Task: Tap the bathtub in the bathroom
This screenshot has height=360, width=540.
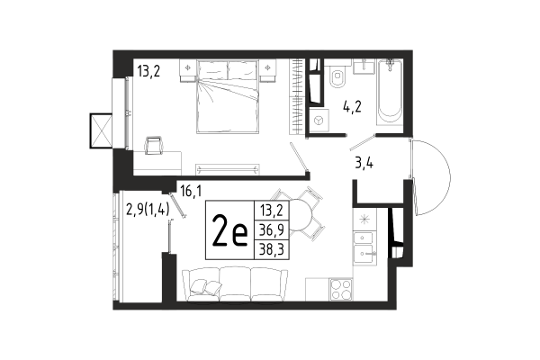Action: pyautogui.click(x=390, y=93)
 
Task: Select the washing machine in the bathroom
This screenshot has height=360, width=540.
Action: pyautogui.click(x=319, y=121)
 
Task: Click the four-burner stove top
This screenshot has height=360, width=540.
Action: pyautogui.click(x=341, y=289)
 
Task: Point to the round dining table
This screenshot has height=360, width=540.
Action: pyautogui.click(x=299, y=215)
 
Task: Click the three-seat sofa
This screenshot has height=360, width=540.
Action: pyautogui.click(x=234, y=285)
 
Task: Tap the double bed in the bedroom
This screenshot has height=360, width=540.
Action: pyautogui.click(x=228, y=96)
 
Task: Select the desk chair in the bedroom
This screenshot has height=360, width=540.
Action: pyautogui.click(x=154, y=146)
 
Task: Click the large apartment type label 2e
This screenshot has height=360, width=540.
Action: pyautogui.click(x=230, y=230)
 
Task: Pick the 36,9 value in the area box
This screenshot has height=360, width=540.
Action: pyautogui.click(x=272, y=230)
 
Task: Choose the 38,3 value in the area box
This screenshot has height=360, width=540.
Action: pyautogui.click(x=272, y=249)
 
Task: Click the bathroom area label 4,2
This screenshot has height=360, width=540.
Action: pyautogui.click(x=352, y=107)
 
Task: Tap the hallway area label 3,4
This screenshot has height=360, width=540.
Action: pyautogui.click(x=364, y=163)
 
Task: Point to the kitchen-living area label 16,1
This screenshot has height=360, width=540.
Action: pyautogui.click(x=191, y=191)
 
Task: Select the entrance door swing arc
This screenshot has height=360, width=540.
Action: pyautogui.click(x=432, y=177)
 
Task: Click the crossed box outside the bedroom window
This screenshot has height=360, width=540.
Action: pyautogui.click(x=101, y=130)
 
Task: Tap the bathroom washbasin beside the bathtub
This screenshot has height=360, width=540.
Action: pyautogui.click(x=364, y=66)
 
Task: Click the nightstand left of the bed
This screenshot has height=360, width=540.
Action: pyautogui.click(x=187, y=70)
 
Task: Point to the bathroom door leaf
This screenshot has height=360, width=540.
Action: pyautogui.click(x=362, y=142)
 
